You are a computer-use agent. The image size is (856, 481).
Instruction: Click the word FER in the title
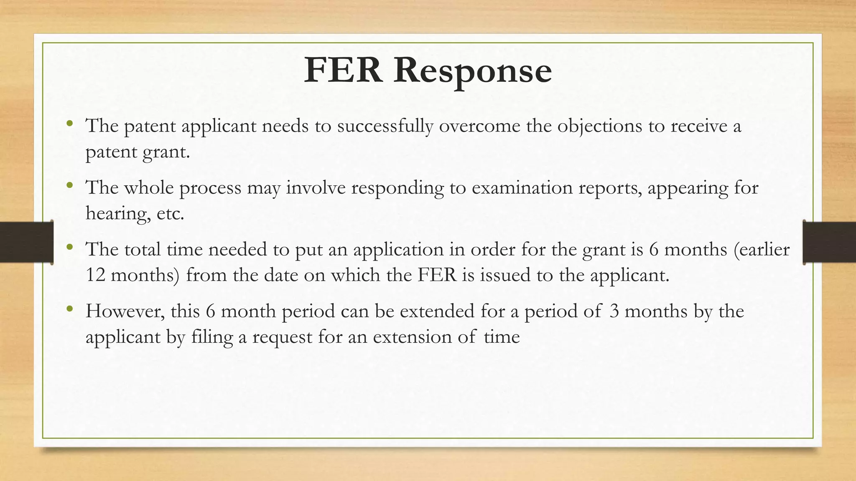[x=343, y=70]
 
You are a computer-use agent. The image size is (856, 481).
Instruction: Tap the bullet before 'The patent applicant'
[x=69, y=124]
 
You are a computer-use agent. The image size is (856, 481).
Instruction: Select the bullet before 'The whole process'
[x=69, y=185]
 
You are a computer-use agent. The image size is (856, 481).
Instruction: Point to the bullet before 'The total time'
[x=69, y=247]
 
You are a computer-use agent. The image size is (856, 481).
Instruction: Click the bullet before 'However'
[x=69, y=309]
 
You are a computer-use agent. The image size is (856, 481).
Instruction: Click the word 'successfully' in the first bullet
[x=385, y=126]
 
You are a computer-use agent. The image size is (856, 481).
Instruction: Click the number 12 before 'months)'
[x=95, y=275]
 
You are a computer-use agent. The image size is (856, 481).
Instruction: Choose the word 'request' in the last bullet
[x=282, y=337]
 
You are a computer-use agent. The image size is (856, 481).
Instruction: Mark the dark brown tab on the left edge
[x=26, y=242]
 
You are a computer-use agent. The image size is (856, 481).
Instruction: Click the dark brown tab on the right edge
[x=829, y=242]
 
